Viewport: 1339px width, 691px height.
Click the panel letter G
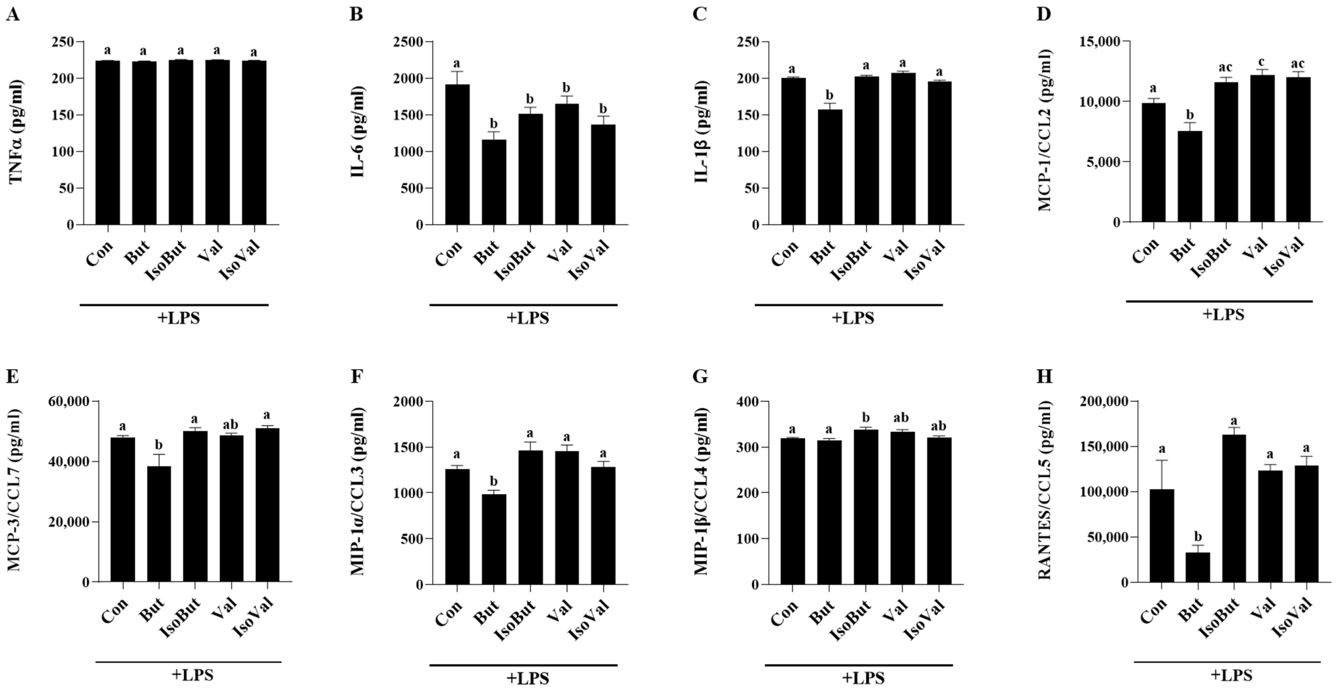700,376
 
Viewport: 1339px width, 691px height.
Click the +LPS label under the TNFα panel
178,318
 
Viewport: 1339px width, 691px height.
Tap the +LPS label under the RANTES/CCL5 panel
1231,675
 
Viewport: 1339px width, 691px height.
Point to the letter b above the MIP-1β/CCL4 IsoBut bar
866,418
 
